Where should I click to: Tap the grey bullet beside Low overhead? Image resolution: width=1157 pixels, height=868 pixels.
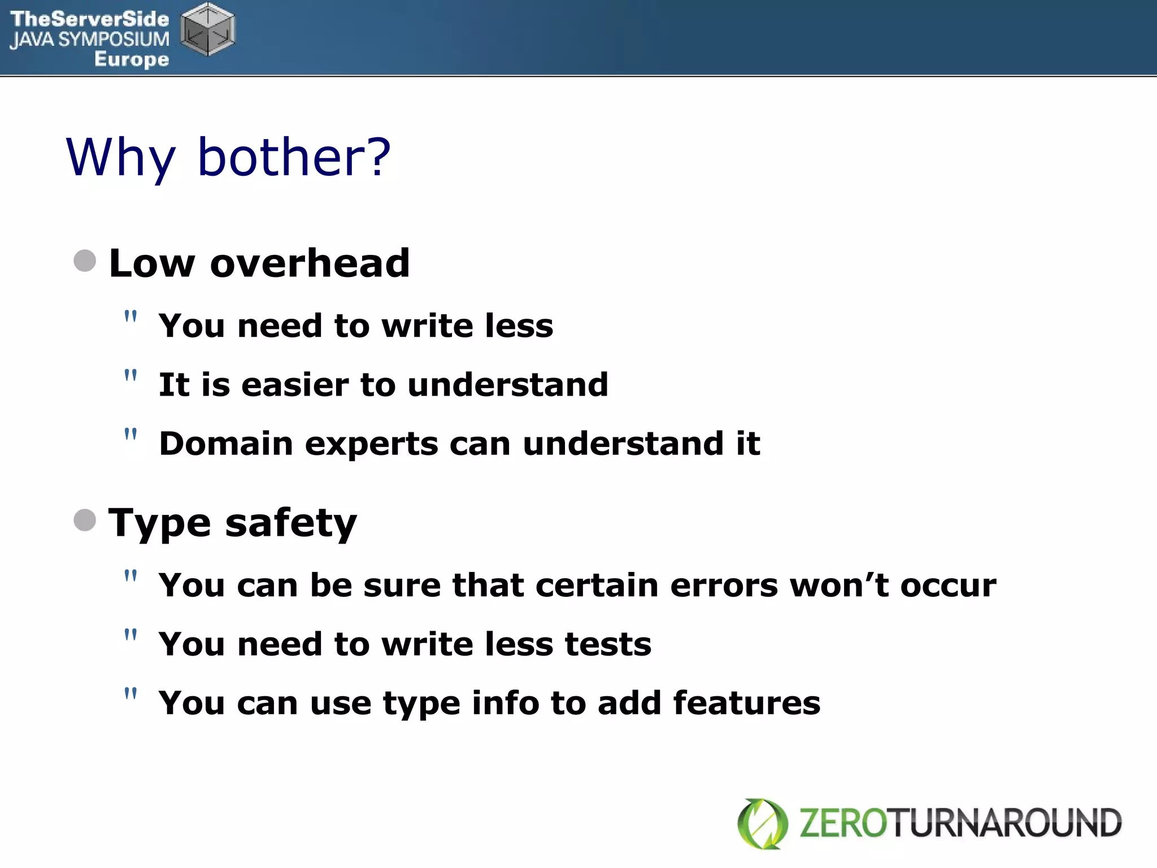pyautogui.click(x=85, y=261)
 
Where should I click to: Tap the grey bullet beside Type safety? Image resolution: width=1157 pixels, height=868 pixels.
pyautogui.click(x=85, y=520)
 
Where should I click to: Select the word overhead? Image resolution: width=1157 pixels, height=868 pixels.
pyautogui.click(x=310, y=263)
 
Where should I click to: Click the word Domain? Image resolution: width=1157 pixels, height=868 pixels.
pyautogui.click(x=226, y=444)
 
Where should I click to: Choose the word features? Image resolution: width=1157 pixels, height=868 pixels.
pyautogui.click(x=746, y=703)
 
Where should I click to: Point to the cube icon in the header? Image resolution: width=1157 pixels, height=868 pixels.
pyautogui.click(x=208, y=29)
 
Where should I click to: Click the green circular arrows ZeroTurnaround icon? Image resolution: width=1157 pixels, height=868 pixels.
pyautogui.click(x=763, y=823)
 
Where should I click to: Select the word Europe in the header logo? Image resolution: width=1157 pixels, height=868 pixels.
pyautogui.click(x=132, y=59)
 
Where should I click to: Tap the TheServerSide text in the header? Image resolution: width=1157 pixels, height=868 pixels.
pyautogui.click(x=90, y=19)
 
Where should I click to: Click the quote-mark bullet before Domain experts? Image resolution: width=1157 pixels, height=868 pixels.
pyautogui.click(x=131, y=435)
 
